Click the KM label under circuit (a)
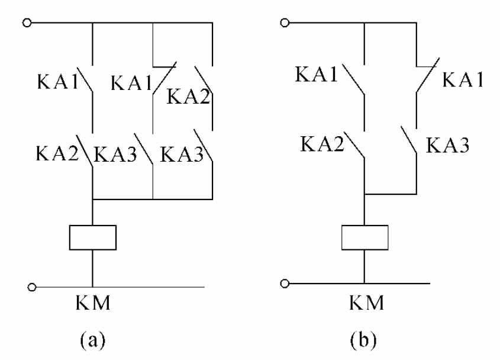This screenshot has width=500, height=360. coord(92,306)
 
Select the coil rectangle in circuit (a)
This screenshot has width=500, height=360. coord(93,237)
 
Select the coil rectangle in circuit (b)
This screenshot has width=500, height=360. coord(365,237)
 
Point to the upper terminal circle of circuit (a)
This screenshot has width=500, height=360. coord(25,23)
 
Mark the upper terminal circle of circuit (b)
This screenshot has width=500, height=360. coord(285,23)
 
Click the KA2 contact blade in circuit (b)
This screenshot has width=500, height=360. coord(357,146)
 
